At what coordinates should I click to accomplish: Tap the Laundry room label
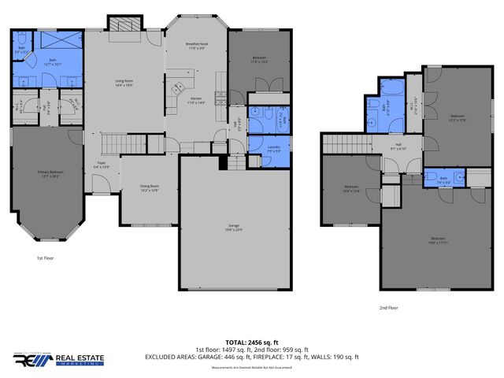pos(274,148)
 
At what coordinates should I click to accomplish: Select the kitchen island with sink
pos(179,87)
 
